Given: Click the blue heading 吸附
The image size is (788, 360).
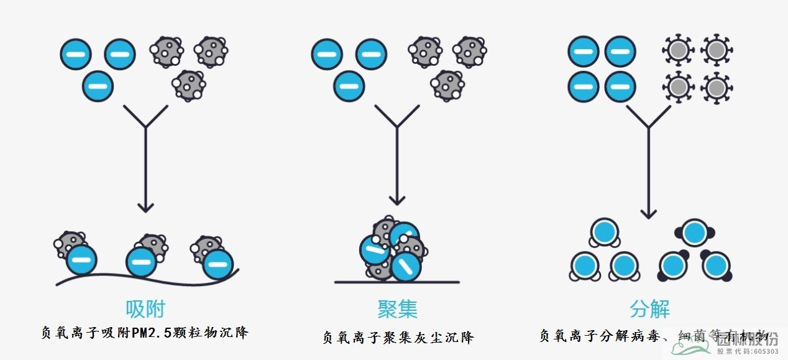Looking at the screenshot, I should point(145,309).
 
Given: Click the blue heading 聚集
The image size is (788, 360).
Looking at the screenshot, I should point(397,309).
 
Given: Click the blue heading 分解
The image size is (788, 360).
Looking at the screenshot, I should point(649,309).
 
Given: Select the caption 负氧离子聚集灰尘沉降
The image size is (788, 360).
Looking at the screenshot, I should point(398,338).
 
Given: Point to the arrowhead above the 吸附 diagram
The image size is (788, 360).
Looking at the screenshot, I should point(145,205).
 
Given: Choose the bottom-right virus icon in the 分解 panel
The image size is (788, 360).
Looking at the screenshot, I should point(717,88).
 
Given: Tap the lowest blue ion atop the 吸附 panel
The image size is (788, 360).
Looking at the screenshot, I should point(98,85).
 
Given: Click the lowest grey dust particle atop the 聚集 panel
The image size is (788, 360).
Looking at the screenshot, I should point(447,85).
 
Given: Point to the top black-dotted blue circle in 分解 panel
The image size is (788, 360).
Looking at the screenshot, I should point(694,233).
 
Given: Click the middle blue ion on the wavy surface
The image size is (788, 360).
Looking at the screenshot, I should point(142,262).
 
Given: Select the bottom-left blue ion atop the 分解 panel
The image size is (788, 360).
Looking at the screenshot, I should point(584,87).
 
